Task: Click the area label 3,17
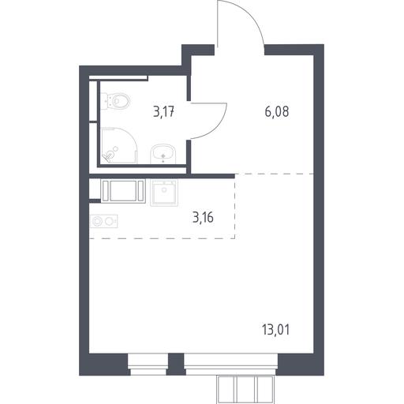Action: coord(163,112)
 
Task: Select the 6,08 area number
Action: coord(277,112)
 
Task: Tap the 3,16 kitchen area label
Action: coord(203,218)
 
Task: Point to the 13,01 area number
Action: coord(275,330)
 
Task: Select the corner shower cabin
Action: coord(119,145)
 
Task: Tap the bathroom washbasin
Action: coord(163,154)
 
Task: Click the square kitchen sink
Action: coord(164,193)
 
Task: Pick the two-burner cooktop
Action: coord(103,221)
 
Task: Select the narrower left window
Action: coord(148,365)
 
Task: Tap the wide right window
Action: coord(230,365)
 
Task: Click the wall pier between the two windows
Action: coord(176,365)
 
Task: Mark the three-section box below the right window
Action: coord(245,390)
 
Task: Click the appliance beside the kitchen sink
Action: coord(123,191)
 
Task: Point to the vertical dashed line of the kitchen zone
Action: coord(235,206)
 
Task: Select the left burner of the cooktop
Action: coord(98,221)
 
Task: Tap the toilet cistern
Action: coord(105,101)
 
